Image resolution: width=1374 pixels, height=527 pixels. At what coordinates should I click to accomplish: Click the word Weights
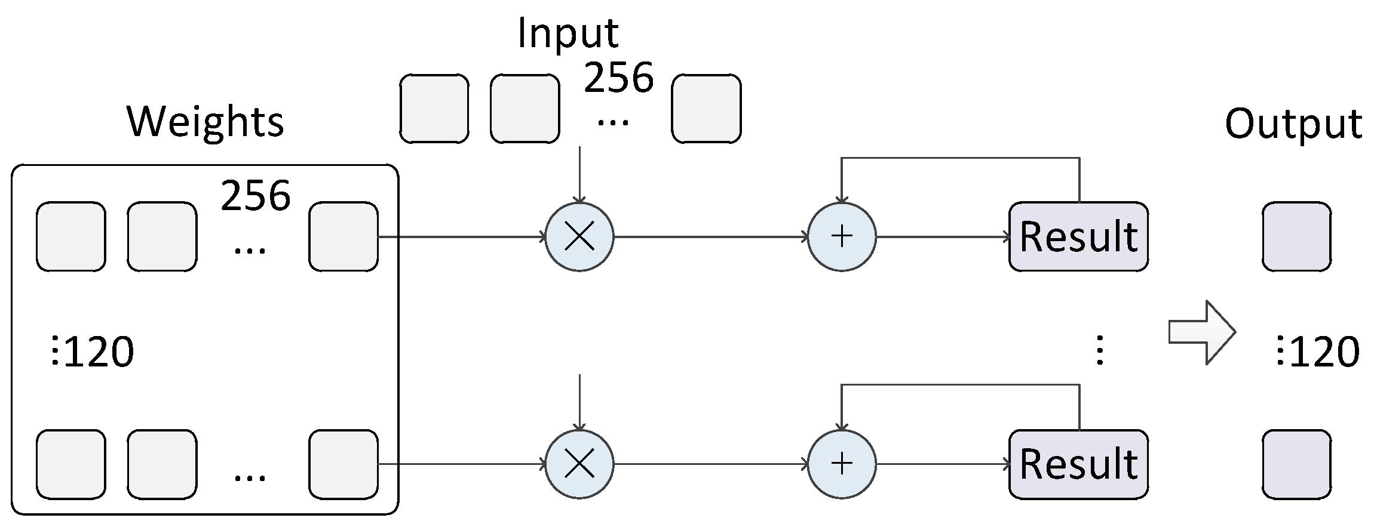(x=206, y=122)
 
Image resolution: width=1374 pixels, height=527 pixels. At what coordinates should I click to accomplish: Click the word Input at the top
(x=568, y=33)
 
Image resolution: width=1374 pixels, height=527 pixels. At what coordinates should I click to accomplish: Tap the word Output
(x=1293, y=124)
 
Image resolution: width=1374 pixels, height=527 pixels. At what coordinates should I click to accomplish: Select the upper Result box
(x=1078, y=237)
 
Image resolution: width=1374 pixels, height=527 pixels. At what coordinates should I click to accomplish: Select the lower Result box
(x=1078, y=464)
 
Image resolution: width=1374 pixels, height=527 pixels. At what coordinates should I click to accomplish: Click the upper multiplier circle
(x=579, y=237)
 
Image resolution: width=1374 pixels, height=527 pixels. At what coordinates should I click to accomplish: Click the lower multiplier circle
(x=579, y=464)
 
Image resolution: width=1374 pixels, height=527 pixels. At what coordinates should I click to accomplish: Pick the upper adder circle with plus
(x=842, y=237)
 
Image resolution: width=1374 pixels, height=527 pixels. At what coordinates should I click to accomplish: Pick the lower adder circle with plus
(x=842, y=464)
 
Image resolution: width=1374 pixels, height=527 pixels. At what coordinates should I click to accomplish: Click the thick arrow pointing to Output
(x=1201, y=332)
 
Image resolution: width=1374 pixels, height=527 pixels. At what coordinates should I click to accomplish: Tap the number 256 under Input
(x=619, y=78)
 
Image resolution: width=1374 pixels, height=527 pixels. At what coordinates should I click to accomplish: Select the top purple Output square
(x=1296, y=237)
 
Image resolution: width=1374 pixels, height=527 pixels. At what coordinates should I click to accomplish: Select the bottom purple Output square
(x=1296, y=464)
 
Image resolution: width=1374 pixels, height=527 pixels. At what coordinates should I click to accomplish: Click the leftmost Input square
(x=434, y=109)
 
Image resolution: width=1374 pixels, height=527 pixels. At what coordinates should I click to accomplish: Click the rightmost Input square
(x=706, y=109)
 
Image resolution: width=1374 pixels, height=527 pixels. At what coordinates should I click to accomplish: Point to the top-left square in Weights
(x=71, y=237)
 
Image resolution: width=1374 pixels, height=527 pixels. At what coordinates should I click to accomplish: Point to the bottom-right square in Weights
(x=343, y=464)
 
